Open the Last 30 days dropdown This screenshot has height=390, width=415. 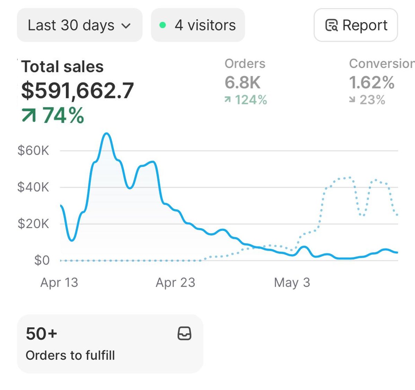79,25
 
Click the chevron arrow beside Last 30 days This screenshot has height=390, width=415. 126,26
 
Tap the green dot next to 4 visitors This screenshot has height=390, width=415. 162,25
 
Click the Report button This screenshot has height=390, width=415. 356,25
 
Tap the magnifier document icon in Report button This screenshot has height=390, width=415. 332,25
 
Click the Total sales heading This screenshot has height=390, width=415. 62,67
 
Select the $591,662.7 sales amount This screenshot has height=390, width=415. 77,90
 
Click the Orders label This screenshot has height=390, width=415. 245,64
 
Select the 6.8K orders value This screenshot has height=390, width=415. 242,83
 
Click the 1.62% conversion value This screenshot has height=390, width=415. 372,83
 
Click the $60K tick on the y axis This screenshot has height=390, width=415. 33,151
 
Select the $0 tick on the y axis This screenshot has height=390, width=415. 42,260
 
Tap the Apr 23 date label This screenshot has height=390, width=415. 175,283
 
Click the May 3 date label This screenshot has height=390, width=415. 292,283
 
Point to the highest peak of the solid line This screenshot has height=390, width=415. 107,133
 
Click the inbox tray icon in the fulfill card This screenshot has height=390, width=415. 184,333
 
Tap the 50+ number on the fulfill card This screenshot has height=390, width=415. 41,334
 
